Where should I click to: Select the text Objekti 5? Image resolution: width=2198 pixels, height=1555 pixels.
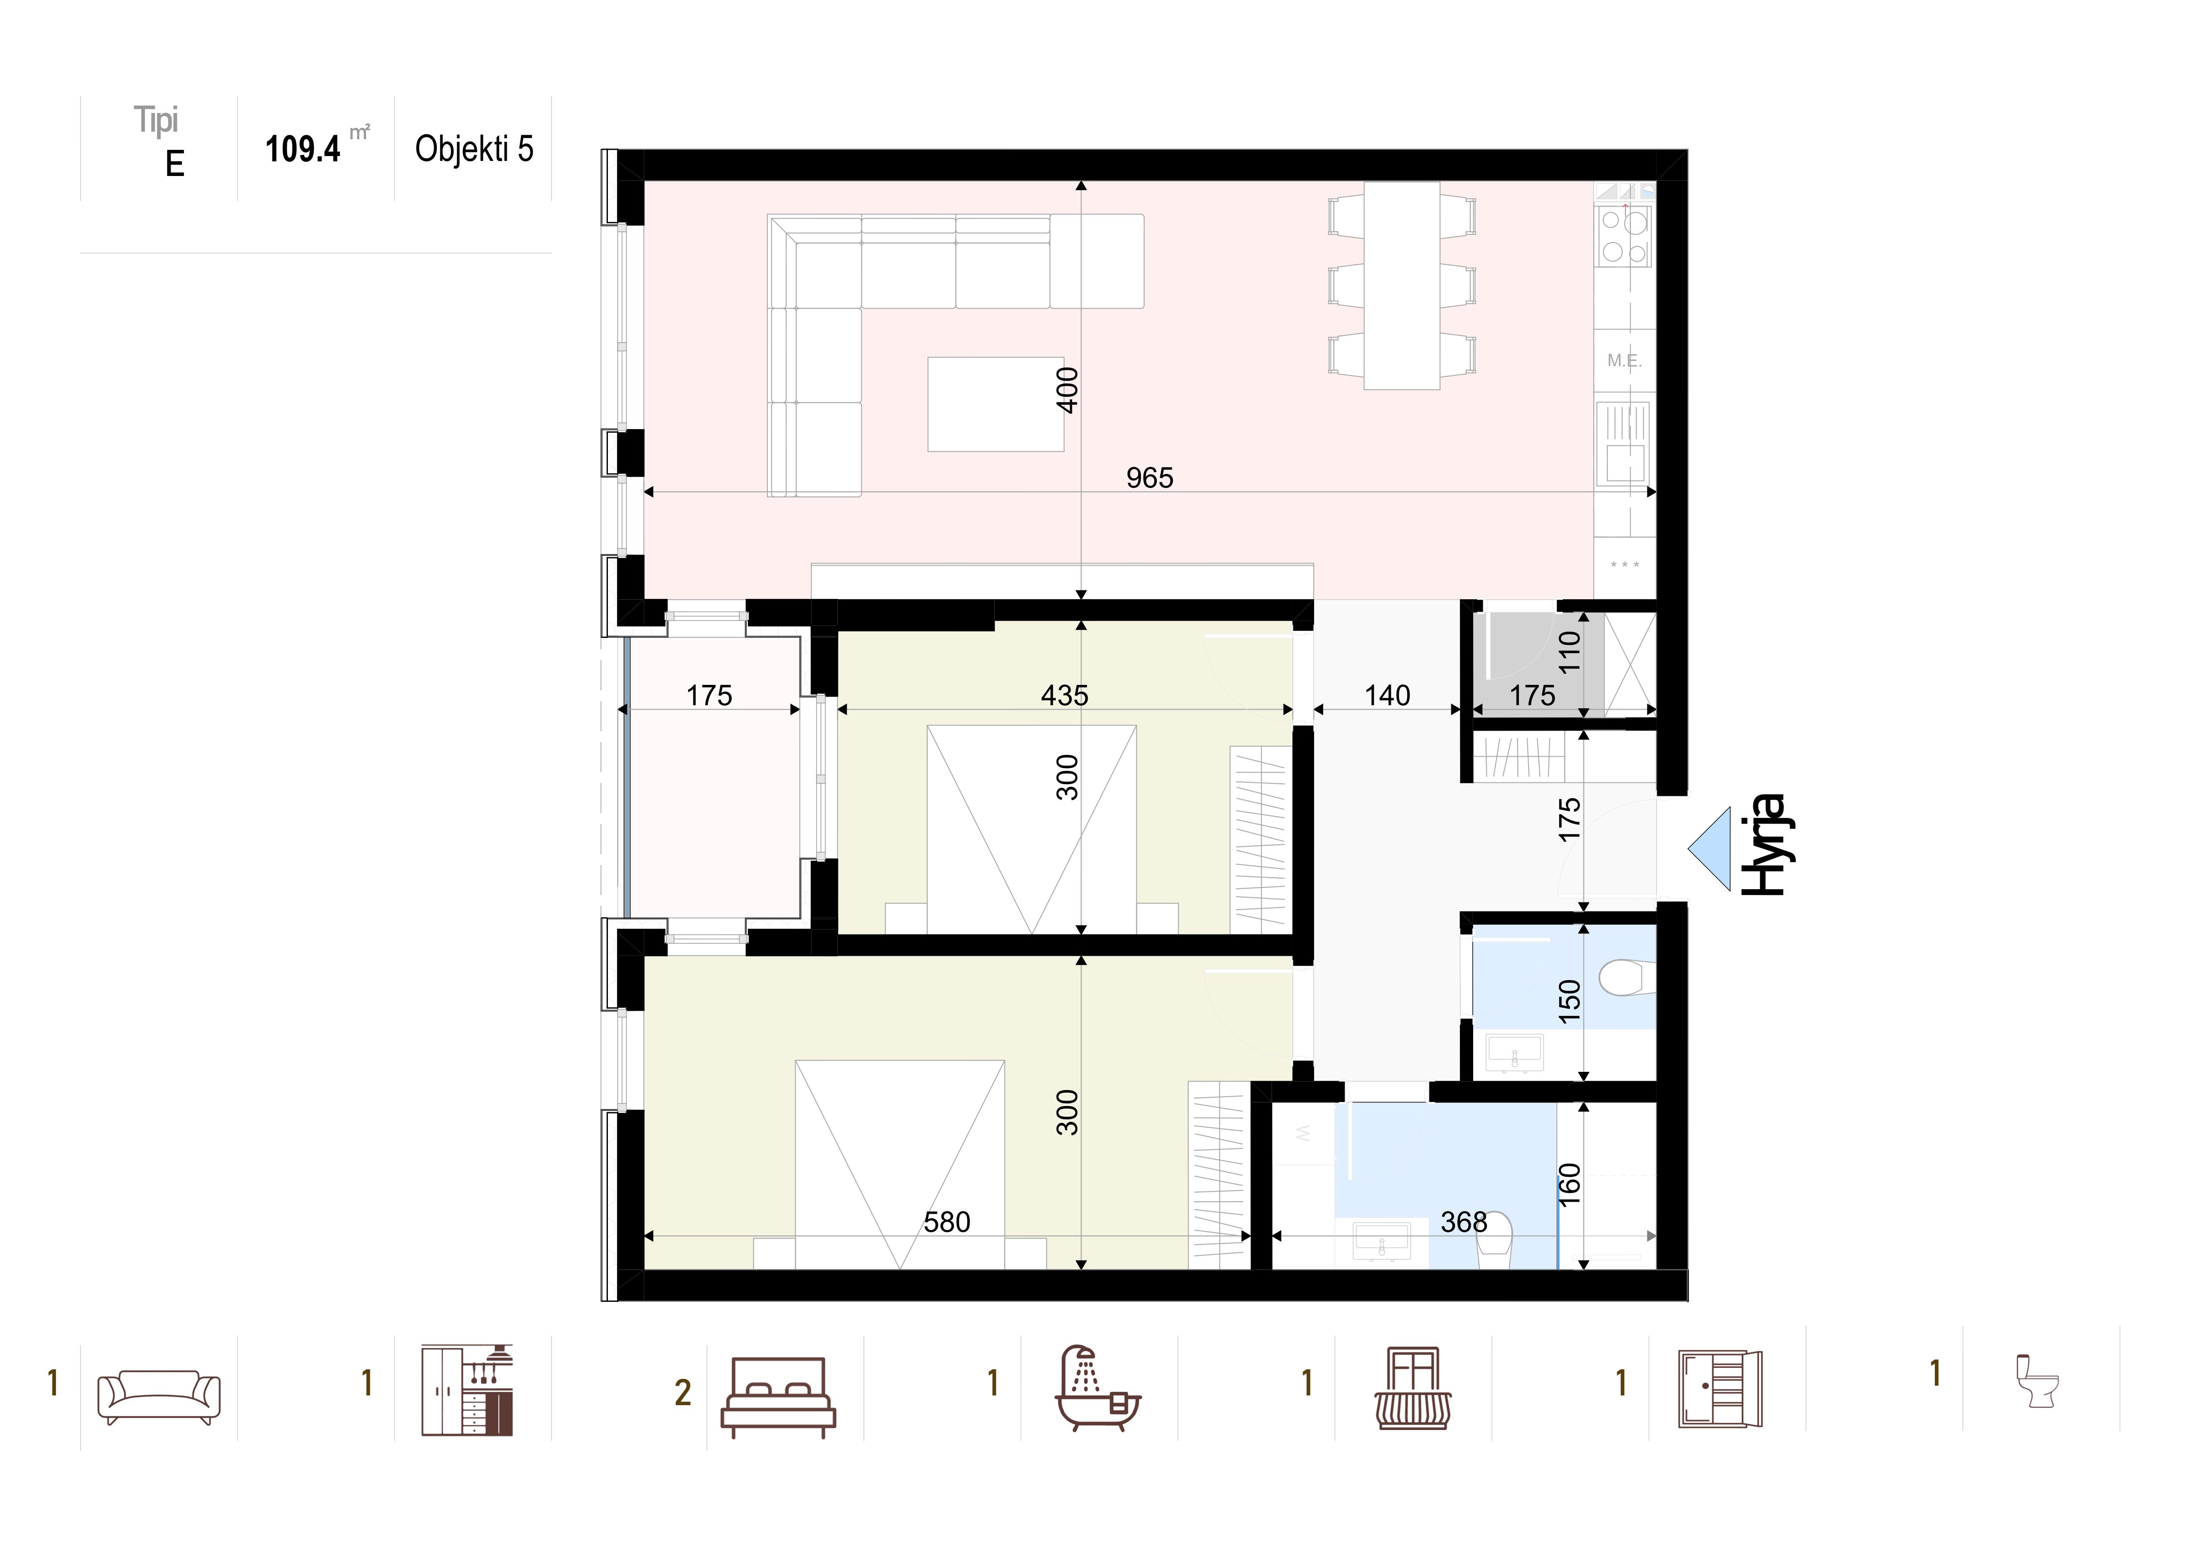[474, 149]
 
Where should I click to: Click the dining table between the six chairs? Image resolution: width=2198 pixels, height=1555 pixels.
[1401, 285]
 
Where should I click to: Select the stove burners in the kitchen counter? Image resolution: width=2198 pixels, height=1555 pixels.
[1625, 237]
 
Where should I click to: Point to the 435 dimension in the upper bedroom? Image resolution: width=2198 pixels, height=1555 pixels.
[1065, 695]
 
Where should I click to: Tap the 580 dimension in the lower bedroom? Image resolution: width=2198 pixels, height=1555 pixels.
[947, 1222]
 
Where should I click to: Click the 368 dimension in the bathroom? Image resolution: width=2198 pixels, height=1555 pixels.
[1464, 1222]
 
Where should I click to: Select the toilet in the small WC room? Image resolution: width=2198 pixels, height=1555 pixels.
[1626, 977]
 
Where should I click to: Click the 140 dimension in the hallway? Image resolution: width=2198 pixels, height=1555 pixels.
[1387, 695]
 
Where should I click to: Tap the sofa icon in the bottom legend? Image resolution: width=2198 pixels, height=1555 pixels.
[159, 1397]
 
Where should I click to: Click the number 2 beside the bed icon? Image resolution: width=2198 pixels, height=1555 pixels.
[683, 1393]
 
